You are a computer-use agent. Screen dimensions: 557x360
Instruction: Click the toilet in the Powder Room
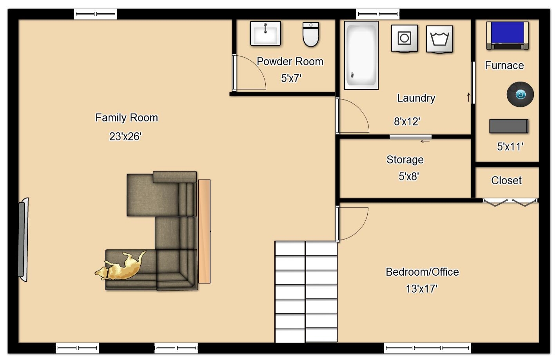pyautogui.click(x=311, y=35)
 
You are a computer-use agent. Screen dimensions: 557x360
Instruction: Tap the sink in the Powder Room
pyautogui.click(x=266, y=34)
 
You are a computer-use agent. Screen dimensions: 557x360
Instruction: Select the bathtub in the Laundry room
pyautogui.click(x=361, y=55)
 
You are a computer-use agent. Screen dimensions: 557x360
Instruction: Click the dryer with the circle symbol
pyautogui.click(x=404, y=38)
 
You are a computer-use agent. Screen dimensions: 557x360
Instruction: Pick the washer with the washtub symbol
pyautogui.click(x=439, y=39)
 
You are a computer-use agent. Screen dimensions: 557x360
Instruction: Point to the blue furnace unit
pyautogui.click(x=508, y=36)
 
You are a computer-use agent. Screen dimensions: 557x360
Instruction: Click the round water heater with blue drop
pyautogui.click(x=520, y=94)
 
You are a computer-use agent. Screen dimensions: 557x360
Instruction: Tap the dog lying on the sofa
pyautogui.click(x=120, y=266)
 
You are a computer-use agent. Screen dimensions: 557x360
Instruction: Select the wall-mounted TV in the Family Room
pyautogui.click(x=23, y=239)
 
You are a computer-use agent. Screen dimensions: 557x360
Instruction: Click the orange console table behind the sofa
pyautogui.click(x=204, y=231)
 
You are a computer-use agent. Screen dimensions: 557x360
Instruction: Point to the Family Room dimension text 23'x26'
pyautogui.click(x=125, y=136)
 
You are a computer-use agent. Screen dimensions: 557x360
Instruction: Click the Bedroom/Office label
pyautogui.click(x=422, y=272)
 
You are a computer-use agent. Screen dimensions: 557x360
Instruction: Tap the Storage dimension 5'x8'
pyautogui.click(x=409, y=176)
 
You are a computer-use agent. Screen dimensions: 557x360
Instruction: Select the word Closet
pyautogui.click(x=506, y=180)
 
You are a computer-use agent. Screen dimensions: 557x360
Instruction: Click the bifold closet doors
pyautogui.click(x=510, y=202)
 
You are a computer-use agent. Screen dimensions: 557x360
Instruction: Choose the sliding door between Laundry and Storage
pyautogui.click(x=410, y=136)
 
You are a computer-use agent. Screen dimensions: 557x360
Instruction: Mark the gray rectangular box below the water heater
pyautogui.click(x=509, y=126)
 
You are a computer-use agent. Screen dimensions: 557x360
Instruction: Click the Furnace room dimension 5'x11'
pyautogui.click(x=510, y=147)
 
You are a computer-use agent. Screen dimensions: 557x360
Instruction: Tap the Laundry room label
pyautogui.click(x=416, y=98)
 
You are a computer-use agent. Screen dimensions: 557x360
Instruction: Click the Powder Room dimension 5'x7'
pyautogui.click(x=291, y=78)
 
